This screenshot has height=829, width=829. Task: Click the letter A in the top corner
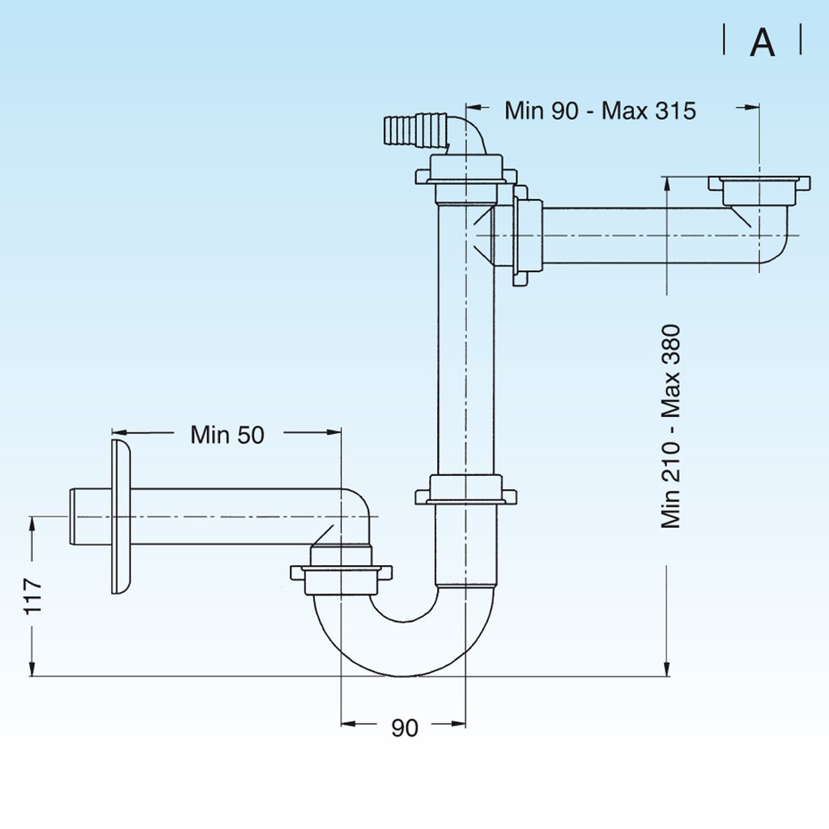pos(762,43)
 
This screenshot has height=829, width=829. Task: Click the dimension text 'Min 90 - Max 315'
pos(600,110)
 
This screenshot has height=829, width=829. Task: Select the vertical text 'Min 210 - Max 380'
pos(671,427)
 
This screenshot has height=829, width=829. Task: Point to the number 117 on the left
pos(32,596)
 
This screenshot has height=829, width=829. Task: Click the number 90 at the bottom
pos(405,728)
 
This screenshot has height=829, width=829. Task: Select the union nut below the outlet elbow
pos(341,572)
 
